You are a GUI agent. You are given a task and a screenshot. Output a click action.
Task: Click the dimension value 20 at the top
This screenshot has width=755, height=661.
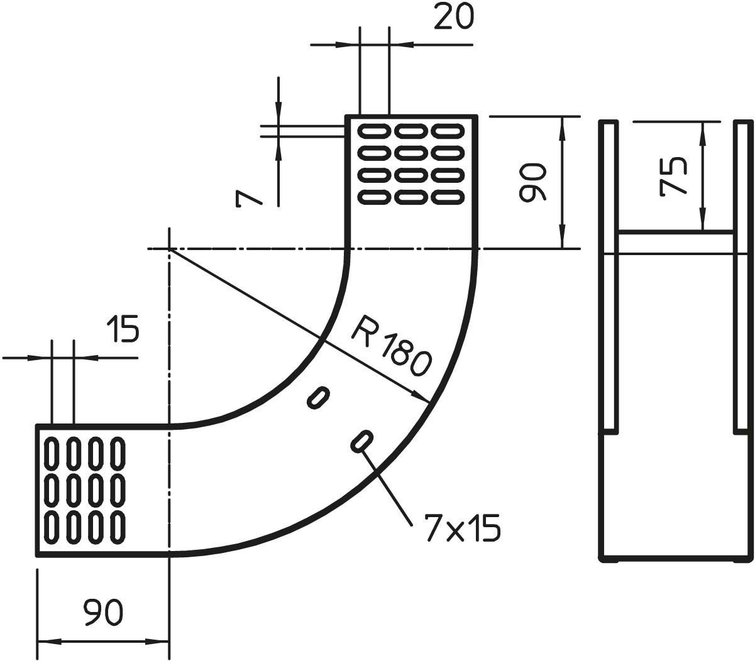coord(453,17)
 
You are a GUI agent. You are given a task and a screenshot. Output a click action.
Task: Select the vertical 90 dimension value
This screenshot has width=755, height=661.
coord(533,183)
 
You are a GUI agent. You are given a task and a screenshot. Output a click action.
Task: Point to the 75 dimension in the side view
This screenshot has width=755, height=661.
coord(673,178)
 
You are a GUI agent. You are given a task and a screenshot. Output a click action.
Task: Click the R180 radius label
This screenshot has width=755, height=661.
coord(392,349)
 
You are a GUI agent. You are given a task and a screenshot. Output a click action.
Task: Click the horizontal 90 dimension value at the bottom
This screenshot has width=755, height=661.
coord(104,613)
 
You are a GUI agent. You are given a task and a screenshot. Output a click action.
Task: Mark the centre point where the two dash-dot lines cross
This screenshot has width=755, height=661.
coord(169,249)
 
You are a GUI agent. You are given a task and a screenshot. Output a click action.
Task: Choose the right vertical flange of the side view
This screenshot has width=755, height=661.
coord(742,276)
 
